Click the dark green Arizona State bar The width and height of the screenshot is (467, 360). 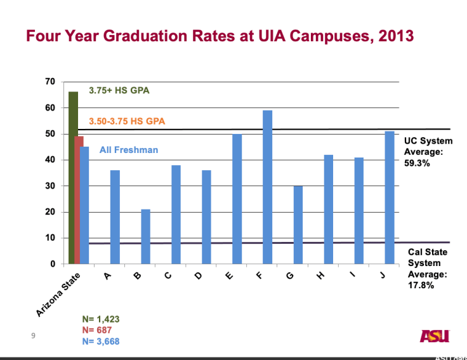point(73,178)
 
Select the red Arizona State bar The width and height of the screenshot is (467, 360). point(79,200)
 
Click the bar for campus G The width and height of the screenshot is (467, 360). point(298,225)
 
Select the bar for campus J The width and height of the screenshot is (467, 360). point(390,197)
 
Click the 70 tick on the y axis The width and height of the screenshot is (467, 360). point(50,82)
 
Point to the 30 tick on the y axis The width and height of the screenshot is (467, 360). point(50,186)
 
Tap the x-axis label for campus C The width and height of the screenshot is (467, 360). point(167,277)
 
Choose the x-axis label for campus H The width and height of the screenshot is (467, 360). point(320,277)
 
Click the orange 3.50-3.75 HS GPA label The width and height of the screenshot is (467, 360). point(127,121)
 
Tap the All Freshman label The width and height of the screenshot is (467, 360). point(129,150)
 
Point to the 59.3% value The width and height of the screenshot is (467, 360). point(418,163)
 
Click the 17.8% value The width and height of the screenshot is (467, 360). point(421,285)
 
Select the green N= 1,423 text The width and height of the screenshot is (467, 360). point(101,319)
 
